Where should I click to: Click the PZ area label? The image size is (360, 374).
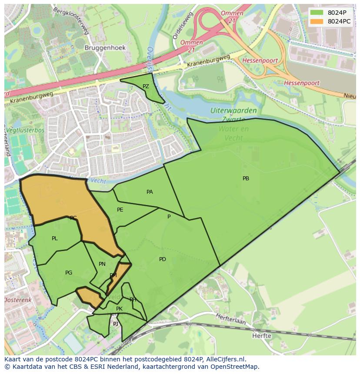tap(146, 86)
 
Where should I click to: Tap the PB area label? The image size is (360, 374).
tap(246, 179)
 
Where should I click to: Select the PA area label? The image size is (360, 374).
tap(150, 192)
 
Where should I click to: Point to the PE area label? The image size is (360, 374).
tap(120, 210)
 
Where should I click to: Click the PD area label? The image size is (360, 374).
tap(162, 259)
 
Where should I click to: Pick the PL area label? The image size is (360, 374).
tap(54, 238)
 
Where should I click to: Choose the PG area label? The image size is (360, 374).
tap(69, 273)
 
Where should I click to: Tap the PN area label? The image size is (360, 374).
tap(102, 264)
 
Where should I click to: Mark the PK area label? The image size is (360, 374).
tap(119, 309)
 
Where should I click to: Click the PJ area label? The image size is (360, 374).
tap(116, 324)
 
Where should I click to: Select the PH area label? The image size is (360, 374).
tap(133, 300)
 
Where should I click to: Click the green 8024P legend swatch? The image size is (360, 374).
tap(317, 13)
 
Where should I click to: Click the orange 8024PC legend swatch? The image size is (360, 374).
tap(317, 21)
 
